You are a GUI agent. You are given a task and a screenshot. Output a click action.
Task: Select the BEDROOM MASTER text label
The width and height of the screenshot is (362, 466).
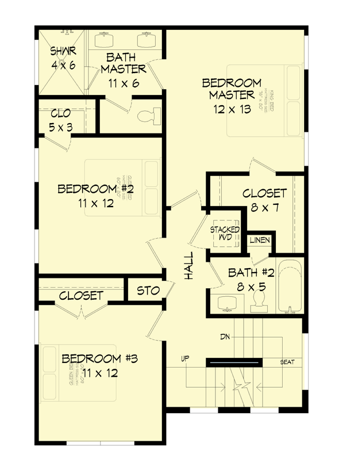tap(232, 89)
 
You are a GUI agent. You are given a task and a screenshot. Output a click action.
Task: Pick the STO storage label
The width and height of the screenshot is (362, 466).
tap(148, 291)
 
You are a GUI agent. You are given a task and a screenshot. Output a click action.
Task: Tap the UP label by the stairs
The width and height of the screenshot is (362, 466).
tap(185, 360)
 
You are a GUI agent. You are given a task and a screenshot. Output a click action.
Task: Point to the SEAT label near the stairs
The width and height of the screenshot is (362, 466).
tap(287, 362)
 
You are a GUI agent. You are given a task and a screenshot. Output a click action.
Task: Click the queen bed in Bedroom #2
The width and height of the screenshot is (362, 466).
tap(122, 188)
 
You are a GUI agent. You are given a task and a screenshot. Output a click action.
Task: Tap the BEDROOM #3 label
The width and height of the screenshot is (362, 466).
tap(99, 359)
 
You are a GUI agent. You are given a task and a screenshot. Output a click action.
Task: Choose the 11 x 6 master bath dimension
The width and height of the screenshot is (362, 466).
tap(124, 83)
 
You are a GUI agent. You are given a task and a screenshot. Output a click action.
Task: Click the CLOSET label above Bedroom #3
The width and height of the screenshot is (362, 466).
tap(81, 296)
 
